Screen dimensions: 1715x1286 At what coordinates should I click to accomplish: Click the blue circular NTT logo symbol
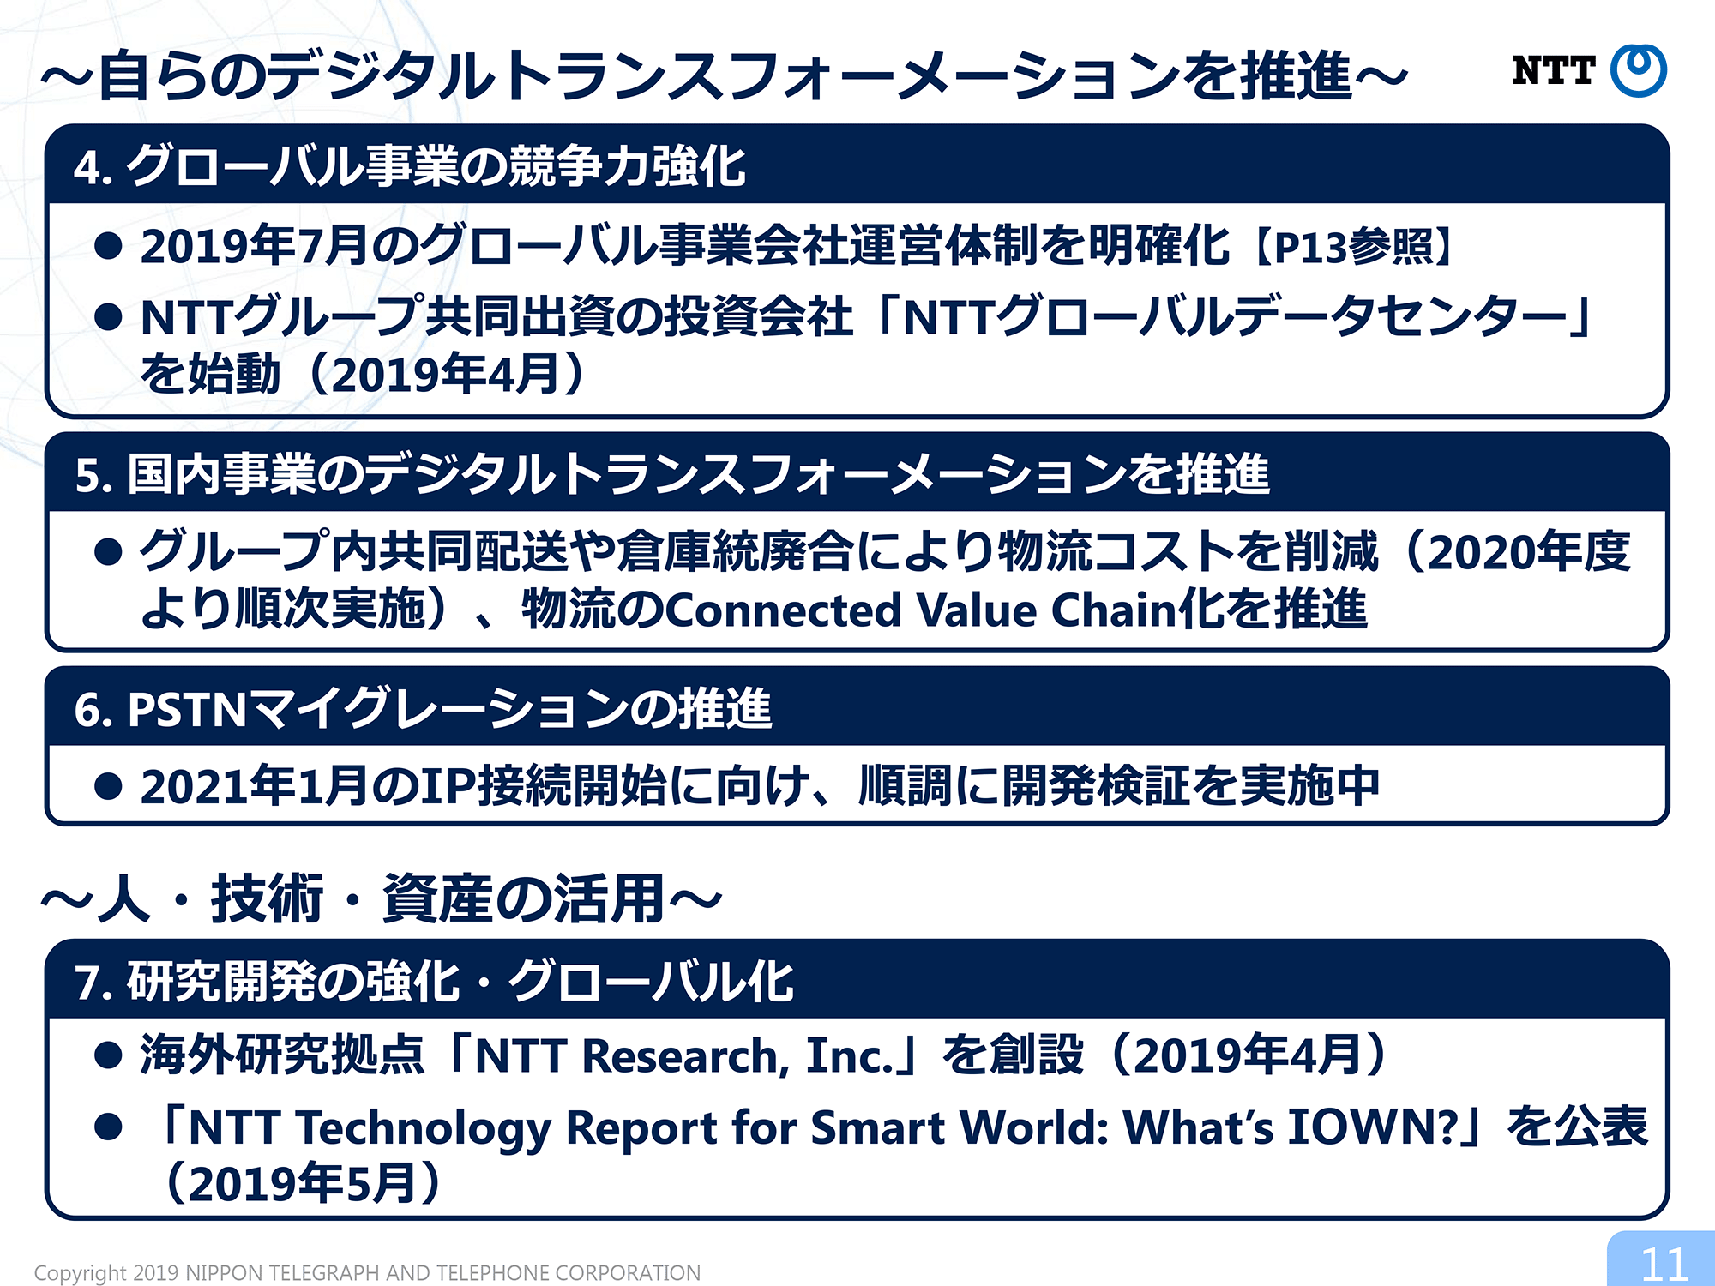(1638, 70)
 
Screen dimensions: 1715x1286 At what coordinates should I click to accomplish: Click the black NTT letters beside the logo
(1553, 70)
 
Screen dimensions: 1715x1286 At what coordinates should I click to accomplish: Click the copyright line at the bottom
(367, 1273)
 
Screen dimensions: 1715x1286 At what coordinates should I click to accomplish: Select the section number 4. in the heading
(93, 167)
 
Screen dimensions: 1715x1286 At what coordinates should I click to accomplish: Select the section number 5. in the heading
(93, 476)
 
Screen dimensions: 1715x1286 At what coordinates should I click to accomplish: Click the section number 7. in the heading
(93, 983)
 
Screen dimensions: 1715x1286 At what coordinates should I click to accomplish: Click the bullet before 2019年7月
(108, 246)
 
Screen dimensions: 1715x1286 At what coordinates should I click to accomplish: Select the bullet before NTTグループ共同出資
(108, 317)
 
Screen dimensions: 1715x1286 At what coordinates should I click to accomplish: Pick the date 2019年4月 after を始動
(446, 375)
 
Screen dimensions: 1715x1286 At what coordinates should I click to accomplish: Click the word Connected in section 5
(781, 610)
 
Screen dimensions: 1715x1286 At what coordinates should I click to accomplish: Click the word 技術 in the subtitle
(268, 899)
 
